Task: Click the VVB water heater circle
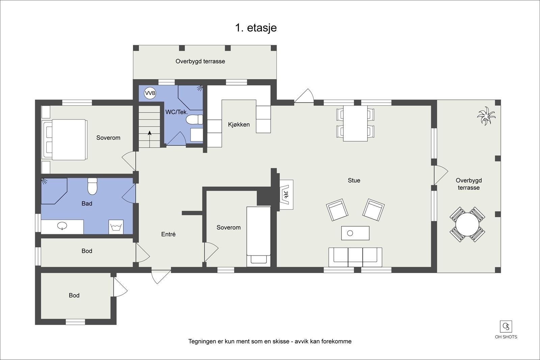coord(150,93)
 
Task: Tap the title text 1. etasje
coord(256,28)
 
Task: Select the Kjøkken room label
coord(239,124)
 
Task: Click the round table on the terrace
coord(467,225)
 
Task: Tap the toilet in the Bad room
coord(92,186)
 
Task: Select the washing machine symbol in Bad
coord(116,227)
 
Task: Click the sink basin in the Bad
coord(62,226)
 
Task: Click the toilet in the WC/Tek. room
coord(194,119)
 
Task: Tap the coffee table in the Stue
coord(355,233)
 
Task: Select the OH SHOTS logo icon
coord(506,327)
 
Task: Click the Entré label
coord(168,234)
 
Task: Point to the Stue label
coord(354,181)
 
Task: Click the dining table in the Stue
coord(355,123)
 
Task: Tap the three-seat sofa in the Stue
coord(355,257)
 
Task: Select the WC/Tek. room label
coord(177,112)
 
